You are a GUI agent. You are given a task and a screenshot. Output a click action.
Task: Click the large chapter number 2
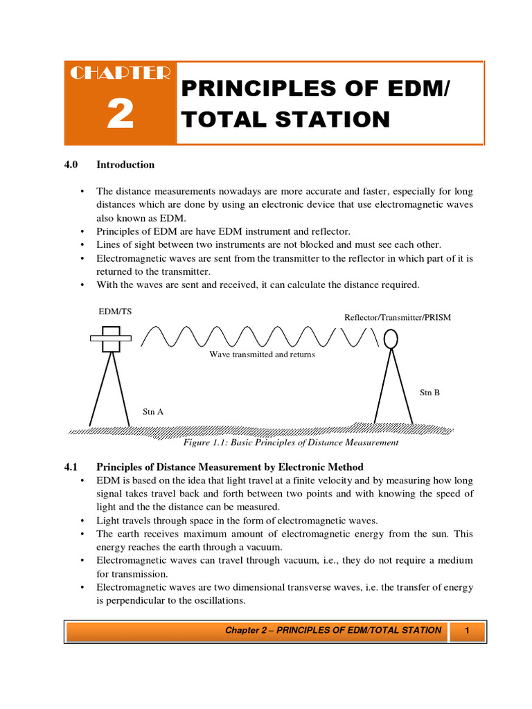120,114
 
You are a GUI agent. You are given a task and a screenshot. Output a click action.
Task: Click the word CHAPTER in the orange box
120,73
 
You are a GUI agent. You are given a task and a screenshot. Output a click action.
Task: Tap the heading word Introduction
125,165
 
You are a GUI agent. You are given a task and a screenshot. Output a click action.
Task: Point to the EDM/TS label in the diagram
115,312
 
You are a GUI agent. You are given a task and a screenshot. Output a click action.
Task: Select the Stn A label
153,411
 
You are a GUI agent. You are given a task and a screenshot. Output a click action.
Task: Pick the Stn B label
429,393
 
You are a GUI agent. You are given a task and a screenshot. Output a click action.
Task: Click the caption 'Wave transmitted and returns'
262,354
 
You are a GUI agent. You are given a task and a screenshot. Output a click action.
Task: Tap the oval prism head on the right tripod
391,338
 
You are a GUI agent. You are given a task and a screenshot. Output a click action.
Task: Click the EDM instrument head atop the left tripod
111,339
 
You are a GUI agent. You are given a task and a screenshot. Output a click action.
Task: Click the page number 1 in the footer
468,630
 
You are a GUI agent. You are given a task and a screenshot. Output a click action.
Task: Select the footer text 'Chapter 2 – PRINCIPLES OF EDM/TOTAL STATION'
333,630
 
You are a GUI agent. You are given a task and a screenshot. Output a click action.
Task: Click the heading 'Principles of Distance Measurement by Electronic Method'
229,467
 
